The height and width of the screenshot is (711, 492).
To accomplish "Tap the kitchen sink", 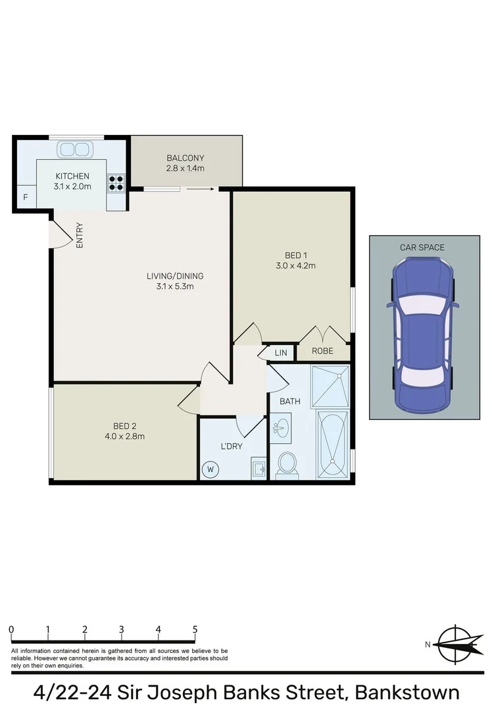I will (73, 149).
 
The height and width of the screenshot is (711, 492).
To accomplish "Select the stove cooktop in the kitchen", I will (116, 182).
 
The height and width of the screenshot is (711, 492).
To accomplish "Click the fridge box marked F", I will (25, 197).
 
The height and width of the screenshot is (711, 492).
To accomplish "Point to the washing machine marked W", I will (211, 469).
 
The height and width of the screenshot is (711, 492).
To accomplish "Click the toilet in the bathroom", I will (287, 463).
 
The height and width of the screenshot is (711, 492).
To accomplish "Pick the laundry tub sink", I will (258, 469).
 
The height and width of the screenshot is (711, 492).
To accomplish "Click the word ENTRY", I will (80, 235).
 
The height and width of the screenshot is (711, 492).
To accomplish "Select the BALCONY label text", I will (185, 158).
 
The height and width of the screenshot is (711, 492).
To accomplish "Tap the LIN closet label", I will (281, 354).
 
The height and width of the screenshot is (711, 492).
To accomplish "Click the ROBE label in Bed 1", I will (322, 352).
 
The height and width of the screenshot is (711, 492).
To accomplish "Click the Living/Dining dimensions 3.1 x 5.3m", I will (174, 286).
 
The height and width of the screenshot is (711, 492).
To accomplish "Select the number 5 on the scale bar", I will (195, 629).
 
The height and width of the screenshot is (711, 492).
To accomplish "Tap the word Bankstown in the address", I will (407, 692).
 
